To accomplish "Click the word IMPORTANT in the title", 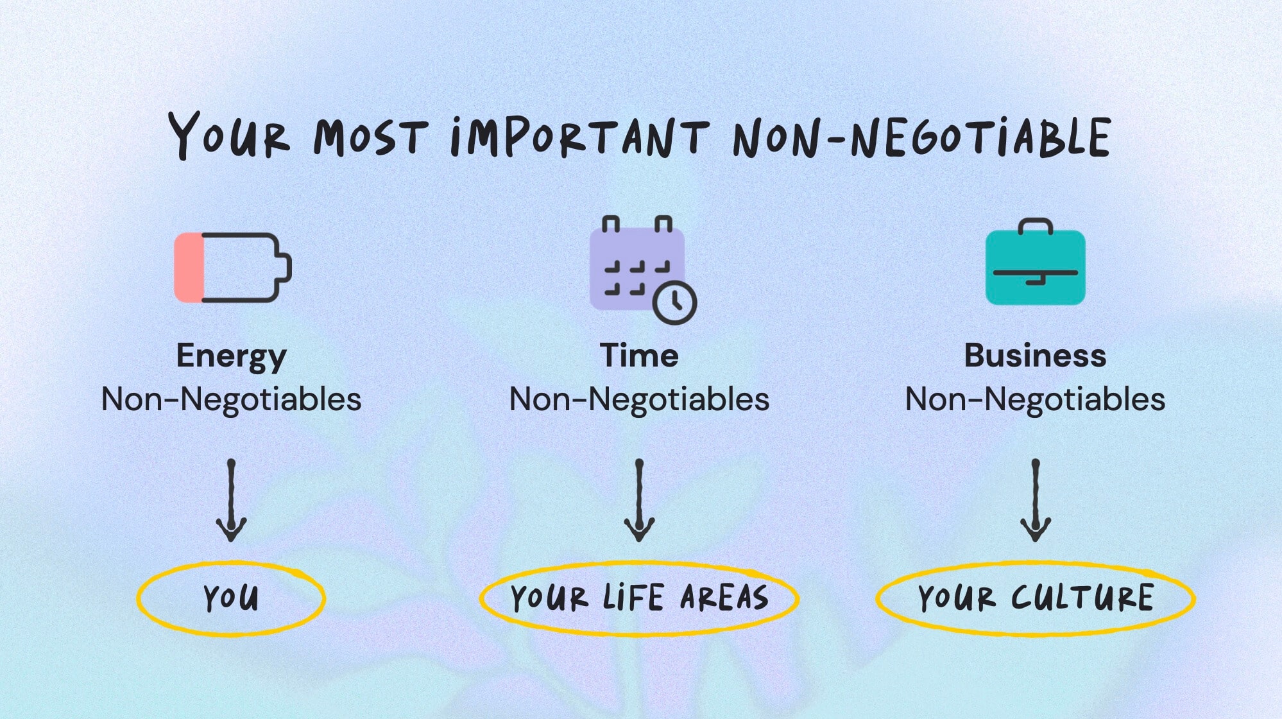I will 579,136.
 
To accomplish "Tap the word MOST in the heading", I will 370,137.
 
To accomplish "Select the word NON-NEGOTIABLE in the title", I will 922,137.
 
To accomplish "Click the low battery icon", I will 233,267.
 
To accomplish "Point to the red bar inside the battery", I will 189,267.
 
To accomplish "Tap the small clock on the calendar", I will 674,302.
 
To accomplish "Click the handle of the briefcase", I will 1035,225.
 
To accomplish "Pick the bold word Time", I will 639,356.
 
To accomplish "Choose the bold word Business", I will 1035,356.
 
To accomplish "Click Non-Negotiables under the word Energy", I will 231,399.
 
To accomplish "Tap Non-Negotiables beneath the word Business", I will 1035,399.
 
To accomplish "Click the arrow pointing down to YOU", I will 231,501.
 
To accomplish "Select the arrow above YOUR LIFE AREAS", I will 639,501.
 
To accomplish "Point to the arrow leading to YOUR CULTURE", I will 1035,501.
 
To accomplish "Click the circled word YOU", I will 231,598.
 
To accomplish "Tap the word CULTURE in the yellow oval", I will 1082,598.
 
